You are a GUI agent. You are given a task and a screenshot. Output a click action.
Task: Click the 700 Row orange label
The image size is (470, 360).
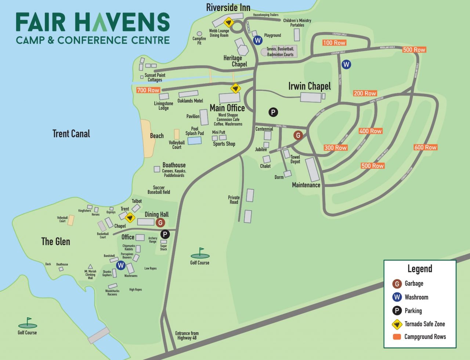coord(148,90)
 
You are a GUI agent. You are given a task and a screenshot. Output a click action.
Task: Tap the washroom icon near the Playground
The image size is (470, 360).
coord(258,40)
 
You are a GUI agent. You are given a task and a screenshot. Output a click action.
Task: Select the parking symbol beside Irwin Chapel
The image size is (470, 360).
coord(273,112)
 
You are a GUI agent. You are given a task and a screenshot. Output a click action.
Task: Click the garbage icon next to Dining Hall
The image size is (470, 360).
coord(160,223)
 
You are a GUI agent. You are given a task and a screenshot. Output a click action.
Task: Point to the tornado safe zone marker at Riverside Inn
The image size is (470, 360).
coord(229,22)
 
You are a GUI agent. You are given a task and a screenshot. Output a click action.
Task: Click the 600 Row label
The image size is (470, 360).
coord(425,147)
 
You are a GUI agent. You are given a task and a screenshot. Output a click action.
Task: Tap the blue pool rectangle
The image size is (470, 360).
coord(194,140)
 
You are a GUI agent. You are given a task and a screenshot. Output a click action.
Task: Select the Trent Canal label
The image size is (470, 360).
coord(71,134)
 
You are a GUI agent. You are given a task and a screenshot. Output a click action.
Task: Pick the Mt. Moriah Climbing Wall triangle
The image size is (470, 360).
coord(90,267)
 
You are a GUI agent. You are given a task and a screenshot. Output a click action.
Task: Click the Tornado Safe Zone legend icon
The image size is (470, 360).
coord(397,324)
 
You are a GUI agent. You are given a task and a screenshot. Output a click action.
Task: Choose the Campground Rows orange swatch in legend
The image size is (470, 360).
coord(397,337)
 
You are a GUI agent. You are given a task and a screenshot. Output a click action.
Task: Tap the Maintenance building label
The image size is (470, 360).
coord(306,185)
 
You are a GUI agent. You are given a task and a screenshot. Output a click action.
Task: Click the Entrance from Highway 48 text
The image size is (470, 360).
coord(187,335)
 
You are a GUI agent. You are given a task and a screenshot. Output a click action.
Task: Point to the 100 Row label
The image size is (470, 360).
coord(334,43)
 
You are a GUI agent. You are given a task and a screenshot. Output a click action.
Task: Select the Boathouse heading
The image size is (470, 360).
coord(174,165)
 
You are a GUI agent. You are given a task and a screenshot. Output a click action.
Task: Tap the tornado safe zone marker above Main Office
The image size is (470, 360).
coord(235,88)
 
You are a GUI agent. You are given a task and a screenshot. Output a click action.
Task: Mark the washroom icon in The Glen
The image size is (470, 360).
coord(120,265)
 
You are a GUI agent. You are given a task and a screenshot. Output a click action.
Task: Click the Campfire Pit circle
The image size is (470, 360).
coord(199,34)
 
